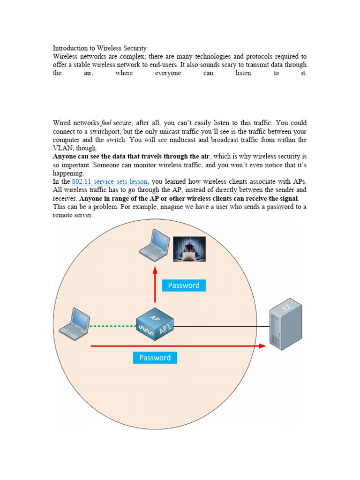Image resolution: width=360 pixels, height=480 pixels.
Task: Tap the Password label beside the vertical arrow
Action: click(184, 285)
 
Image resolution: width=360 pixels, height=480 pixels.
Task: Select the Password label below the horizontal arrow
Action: click(155, 358)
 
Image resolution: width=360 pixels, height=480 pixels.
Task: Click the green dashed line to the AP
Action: click(113, 326)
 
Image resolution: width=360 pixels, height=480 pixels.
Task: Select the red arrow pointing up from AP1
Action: click(155, 286)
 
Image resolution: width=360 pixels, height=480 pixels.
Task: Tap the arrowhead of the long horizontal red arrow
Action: click(262, 346)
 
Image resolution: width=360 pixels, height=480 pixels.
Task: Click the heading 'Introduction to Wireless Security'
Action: click(100, 48)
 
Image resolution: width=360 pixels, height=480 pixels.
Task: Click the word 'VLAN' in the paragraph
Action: click(63, 148)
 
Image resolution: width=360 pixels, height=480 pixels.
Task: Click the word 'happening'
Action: click(68, 173)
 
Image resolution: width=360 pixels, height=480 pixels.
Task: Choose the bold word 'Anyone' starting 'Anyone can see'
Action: click(65, 157)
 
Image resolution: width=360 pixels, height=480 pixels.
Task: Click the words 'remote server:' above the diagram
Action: click(73, 215)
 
